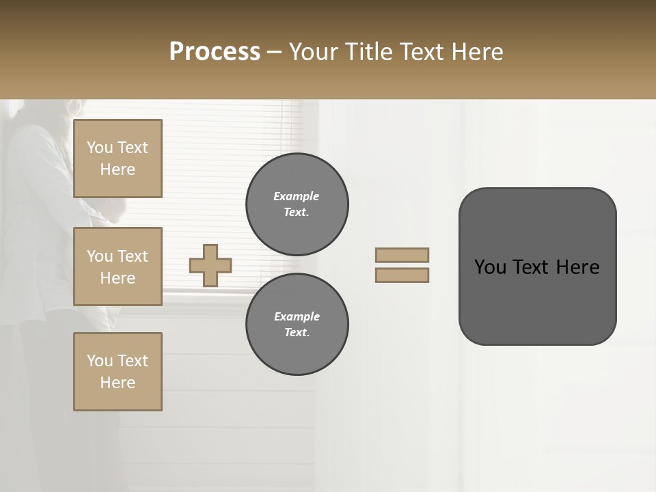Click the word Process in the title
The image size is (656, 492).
(215, 52)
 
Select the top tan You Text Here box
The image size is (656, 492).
(118, 159)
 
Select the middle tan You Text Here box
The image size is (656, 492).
(118, 266)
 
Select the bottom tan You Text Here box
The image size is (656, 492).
(118, 372)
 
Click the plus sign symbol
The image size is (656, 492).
(210, 265)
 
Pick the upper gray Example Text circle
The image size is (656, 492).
(297, 204)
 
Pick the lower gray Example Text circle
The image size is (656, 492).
(297, 324)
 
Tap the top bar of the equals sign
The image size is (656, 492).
(402, 255)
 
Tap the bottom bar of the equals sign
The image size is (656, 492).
(402, 275)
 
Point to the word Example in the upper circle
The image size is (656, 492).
(297, 196)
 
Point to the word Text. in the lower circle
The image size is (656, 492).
(297, 332)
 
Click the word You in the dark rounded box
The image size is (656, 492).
(490, 267)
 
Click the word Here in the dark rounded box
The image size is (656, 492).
(578, 267)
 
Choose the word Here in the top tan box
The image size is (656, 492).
(118, 169)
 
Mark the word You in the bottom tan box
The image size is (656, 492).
(100, 361)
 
